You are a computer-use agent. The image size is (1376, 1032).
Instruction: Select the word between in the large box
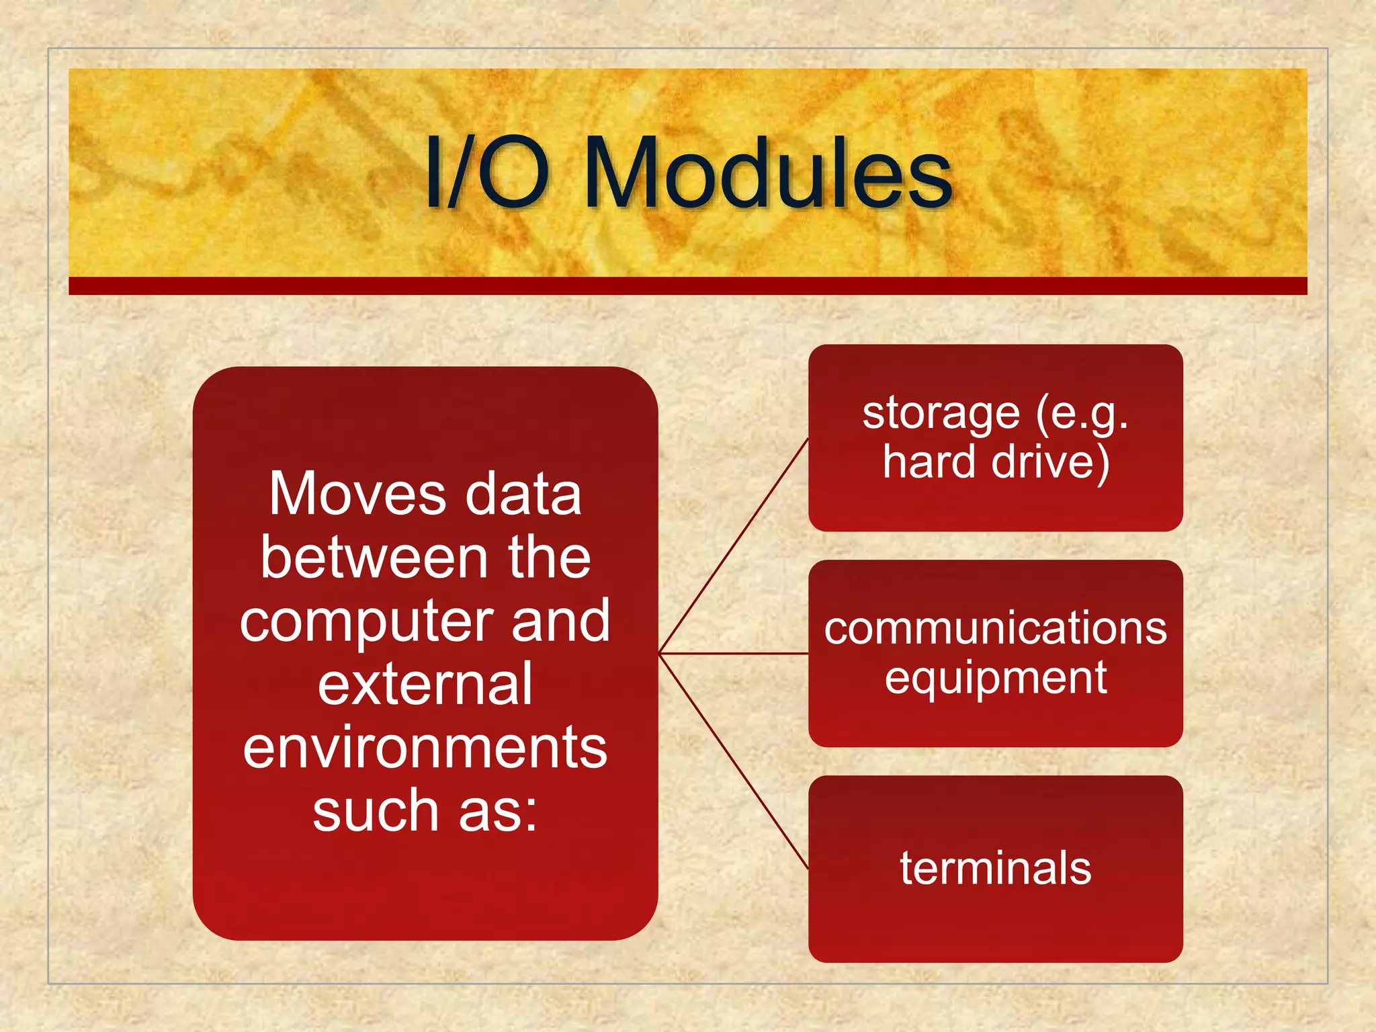tap(374, 558)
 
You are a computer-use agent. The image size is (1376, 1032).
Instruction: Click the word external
tap(425, 685)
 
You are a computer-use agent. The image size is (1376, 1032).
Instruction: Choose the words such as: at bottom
tap(425, 811)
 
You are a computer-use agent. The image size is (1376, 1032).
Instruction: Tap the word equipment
tap(995, 679)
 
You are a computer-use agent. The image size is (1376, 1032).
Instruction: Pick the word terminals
tap(995, 868)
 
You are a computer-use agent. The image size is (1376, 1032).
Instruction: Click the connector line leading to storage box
tap(734, 546)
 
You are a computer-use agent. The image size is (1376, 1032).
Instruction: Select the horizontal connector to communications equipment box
tap(734, 653)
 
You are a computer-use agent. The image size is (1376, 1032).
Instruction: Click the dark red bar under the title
tap(688, 286)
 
